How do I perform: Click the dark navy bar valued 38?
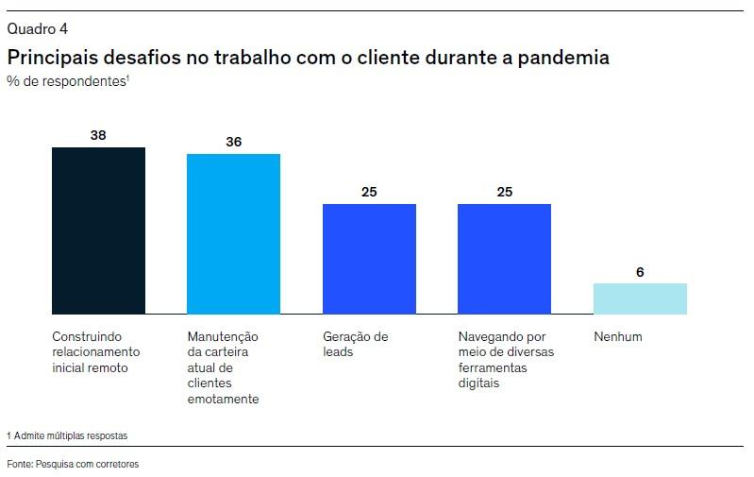click(x=98, y=230)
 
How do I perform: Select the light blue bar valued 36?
click(x=233, y=233)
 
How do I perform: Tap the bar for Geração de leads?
click(x=369, y=259)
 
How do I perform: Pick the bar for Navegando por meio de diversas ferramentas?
click(x=504, y=259)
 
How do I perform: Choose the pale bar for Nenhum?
click(x=640, y=298)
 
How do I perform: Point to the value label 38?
click(x=98, y=135)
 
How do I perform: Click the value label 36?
click(x=233, y=142)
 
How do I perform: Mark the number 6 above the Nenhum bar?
click(x=640, y=272)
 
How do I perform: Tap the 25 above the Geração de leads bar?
click(x=369, y=193)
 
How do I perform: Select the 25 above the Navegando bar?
click(x=504, y=193)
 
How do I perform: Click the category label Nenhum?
click(x=618, y=336)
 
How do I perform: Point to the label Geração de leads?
click(x=356, y=344)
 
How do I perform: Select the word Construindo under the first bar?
click(x=87, y=336)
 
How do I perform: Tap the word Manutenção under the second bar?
click(x=223, y=336)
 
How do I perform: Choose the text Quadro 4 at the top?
click(x=37, y=28)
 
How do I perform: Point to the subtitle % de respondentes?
click(x=67, y=81)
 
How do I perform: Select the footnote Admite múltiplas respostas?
click(x=70, y=435)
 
